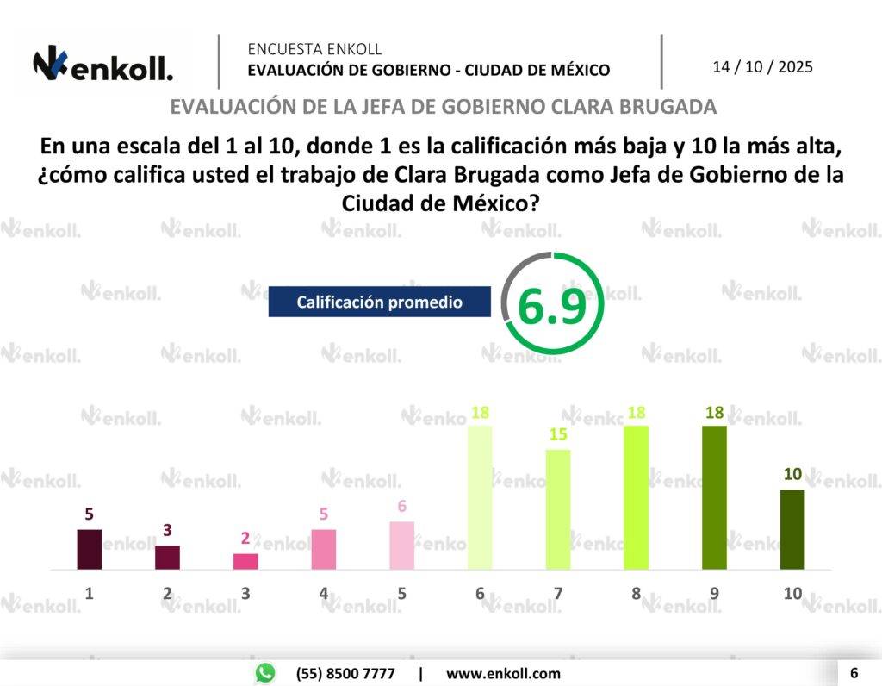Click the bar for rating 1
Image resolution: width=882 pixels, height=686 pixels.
click(90, 549)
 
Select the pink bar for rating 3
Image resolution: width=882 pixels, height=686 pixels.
click(245, 561)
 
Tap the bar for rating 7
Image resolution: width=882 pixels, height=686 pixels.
click(558, 508)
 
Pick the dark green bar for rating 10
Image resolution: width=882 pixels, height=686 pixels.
click(792, 529)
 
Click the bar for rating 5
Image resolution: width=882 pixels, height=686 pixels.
click(401, 545)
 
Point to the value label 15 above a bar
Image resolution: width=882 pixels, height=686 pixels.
click(558, 435)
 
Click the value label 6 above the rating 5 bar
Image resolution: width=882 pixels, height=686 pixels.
click(401, 507)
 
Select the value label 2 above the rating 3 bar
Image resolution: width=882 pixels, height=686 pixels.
click(245, 539)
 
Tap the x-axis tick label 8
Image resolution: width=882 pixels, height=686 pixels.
click(637, 593)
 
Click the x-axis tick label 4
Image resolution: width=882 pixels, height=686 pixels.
click(324, 593)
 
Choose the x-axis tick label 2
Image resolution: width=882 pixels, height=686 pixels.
click(167, 593)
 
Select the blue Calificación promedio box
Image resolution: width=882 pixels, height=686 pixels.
click(379, 302)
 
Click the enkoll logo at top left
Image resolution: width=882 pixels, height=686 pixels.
click(102, 65)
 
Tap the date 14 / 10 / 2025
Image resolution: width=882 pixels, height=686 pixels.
click(762, 66)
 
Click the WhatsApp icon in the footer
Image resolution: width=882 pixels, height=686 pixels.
click(265, 673)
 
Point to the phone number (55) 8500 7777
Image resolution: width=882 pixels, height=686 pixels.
click(345, 673)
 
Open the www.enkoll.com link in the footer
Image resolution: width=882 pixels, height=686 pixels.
click(503, 673)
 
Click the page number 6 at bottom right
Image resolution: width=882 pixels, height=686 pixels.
click(854, 672)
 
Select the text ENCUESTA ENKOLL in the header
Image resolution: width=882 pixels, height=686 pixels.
click(314, 49)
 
